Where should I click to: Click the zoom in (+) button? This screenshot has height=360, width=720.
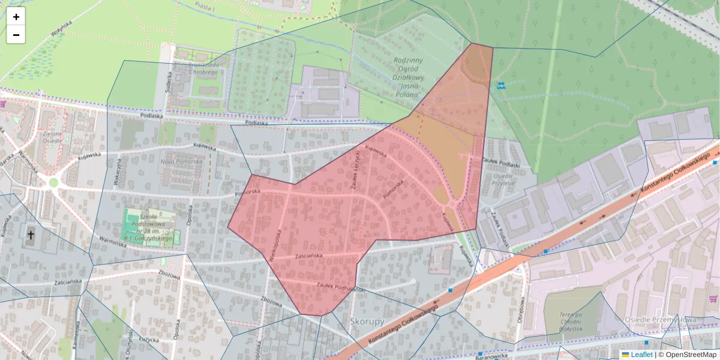pyautogui.click(x=16, y=17)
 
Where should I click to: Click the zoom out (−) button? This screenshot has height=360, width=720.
pyautogui.click(x=16, y=35)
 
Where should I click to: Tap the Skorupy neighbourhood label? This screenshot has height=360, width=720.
pyautogui.click(x=367, y=322)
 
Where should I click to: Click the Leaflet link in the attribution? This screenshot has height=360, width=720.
pyautogui.click(x=641, y=355)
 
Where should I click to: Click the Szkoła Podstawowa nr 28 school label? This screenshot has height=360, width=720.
pyautogui.click(x=149, y=227)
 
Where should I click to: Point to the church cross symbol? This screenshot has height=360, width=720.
pyautogui.click(x=30, y=234)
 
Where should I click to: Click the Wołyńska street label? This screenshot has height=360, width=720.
pyautogui.click(x=61, y=28)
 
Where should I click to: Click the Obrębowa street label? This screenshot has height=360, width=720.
pyautogui.click(x=521, y=310)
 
